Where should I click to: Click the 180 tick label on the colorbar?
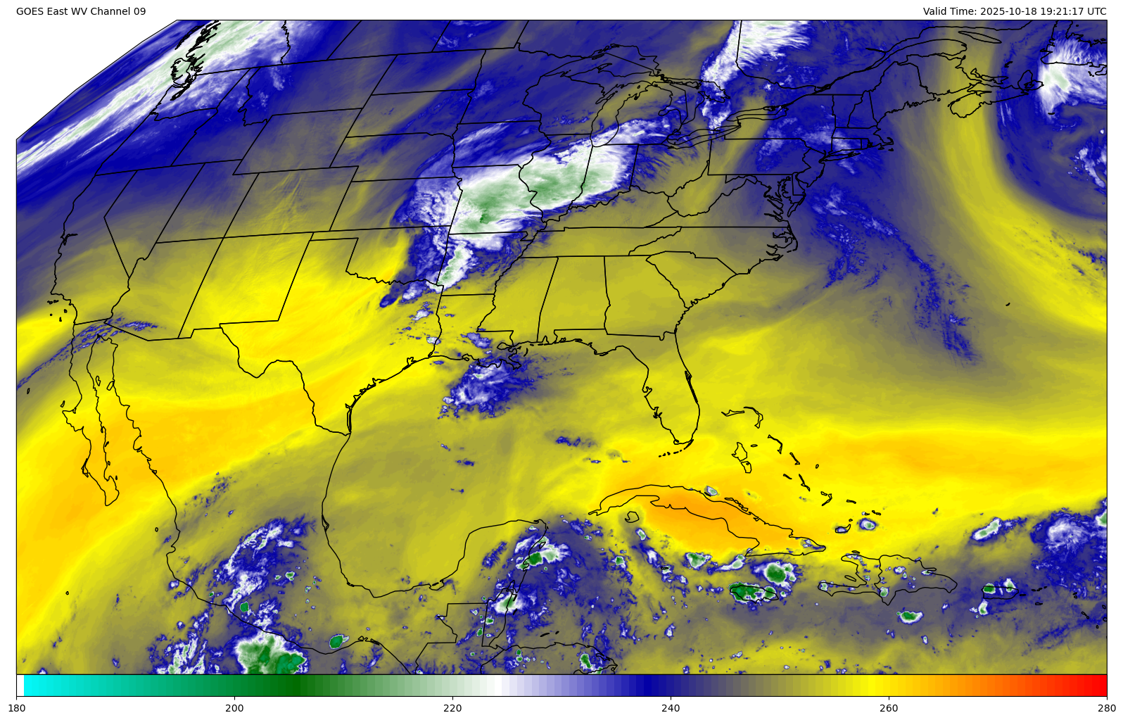pyautogui.click(x=16, y=707)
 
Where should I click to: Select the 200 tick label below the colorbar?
pyautogui.click(x=234, y=707)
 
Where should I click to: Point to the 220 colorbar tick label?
pyautogui.click(x=452, y=707)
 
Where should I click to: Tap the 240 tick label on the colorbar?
pyautogui.click(x=671, y=707)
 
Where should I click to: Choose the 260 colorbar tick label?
pyautogui.click(x=889, y=707)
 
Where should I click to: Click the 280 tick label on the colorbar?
pyautogui.click(x=1106, y=707)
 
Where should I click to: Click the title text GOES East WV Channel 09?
pyautogui.click(x=81, y=11)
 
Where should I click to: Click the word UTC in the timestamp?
pyautogui.click(x=1096, y=11)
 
